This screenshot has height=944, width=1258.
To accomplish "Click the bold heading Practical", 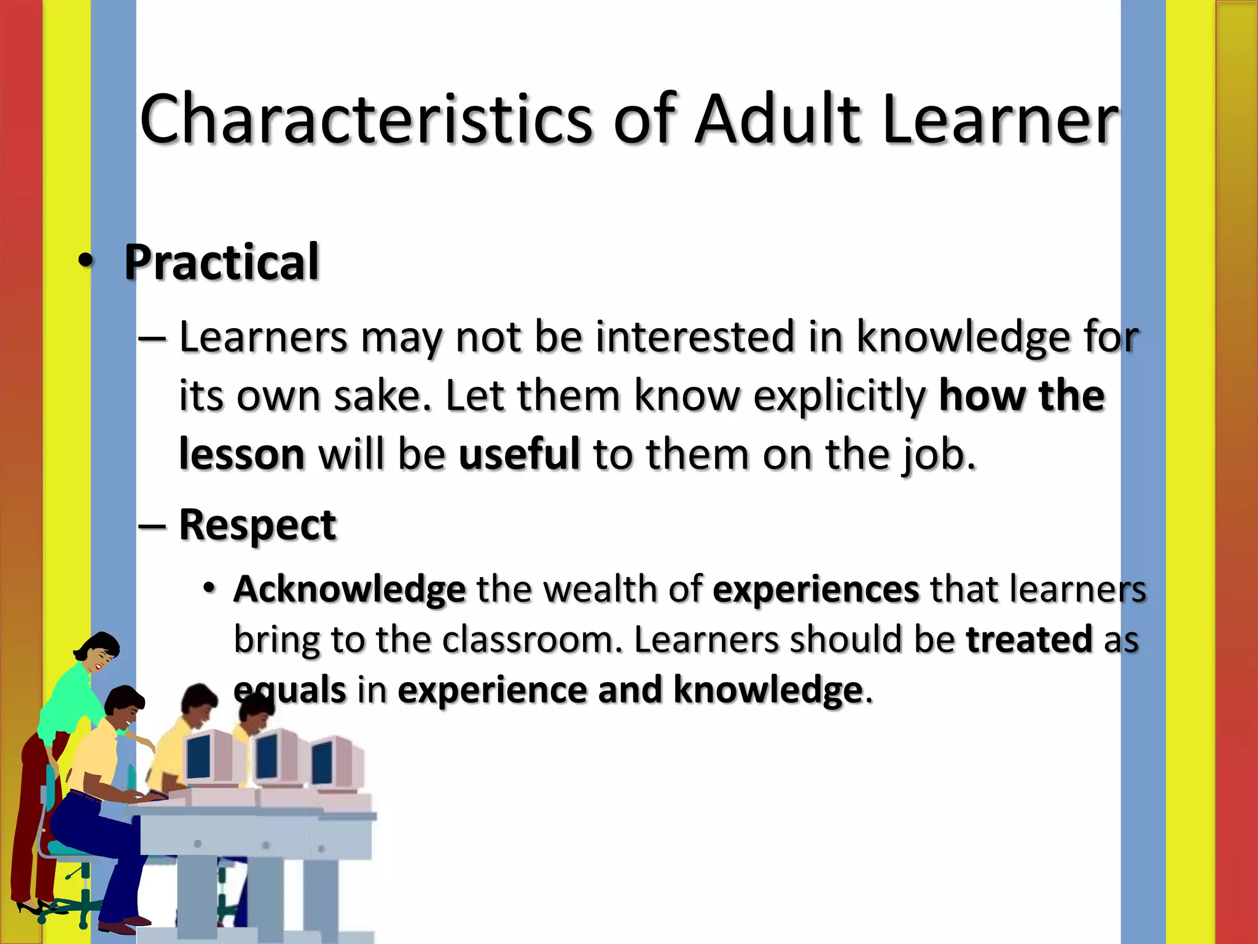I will [x=222, y=262].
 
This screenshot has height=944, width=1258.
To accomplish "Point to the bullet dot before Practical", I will [x=86, y=261].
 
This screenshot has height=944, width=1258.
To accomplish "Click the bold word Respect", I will [x=257, y=526].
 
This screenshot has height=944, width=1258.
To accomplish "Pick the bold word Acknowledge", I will [x=350, y=589].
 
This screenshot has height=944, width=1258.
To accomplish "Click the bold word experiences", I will [x=816, y=589].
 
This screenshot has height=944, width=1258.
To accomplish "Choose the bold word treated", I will [x=1029, y=639].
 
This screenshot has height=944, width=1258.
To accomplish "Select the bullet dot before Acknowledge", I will [x=209, y=588].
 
